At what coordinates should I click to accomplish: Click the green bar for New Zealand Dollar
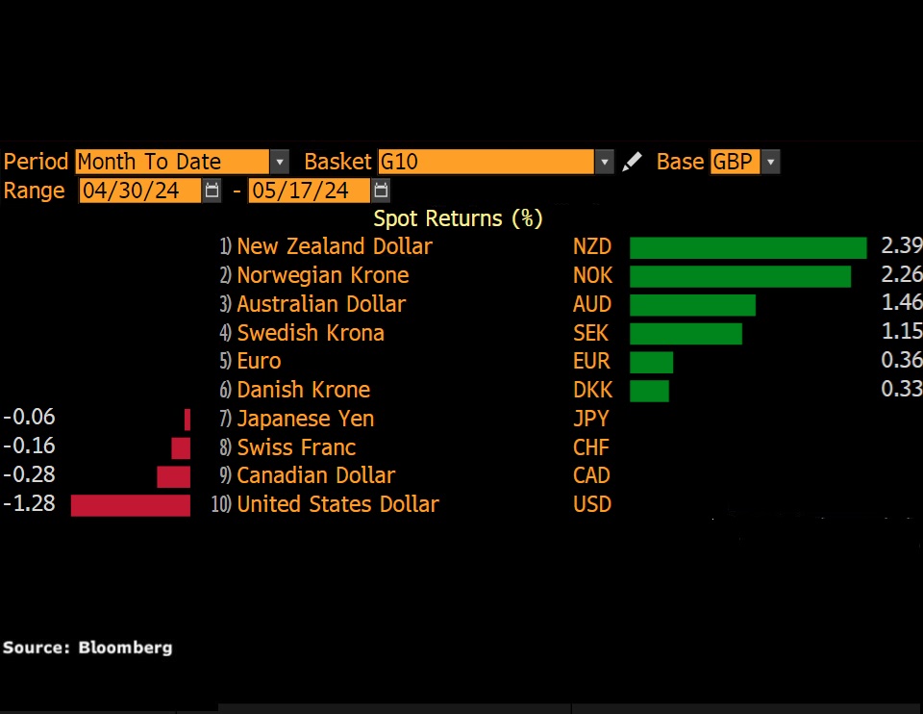[x=748, y=247]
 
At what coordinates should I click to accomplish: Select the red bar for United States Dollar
[x=131, y=505]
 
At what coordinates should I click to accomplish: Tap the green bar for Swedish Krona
[x=686, y=334]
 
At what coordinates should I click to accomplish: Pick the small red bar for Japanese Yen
[x=187, y=420]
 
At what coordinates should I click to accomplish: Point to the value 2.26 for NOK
[x=901, y=276]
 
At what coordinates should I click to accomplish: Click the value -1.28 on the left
[x=29, y=504]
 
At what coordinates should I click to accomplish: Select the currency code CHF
[x=591, y=447]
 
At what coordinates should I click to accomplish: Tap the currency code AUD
[x=591, y=305]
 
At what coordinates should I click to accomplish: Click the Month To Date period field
[x=171, y=162]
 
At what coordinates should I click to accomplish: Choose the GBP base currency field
[x=735, y=162]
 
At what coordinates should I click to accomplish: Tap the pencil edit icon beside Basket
[x=632, y=162]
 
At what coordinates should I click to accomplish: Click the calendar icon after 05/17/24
[x=381, y=191]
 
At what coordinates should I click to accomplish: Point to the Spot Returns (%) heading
[x=459, y=218]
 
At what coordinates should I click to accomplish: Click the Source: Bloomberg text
[x=87, y=648]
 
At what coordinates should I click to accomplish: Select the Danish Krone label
[x=303, y=391]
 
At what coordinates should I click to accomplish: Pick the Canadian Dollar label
[x=315, y=476]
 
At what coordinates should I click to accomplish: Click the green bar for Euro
[x=651, y=362]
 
